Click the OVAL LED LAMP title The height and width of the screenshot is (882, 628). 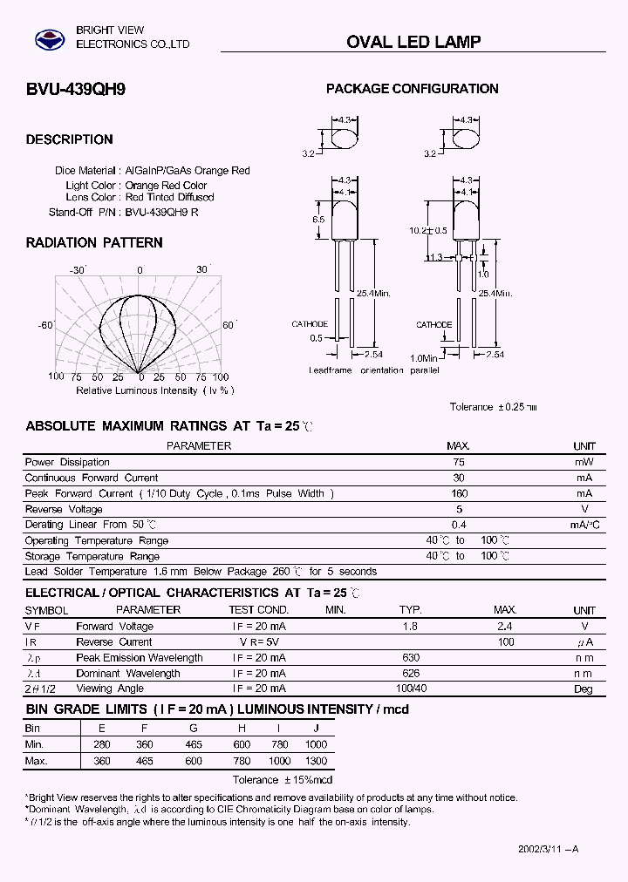[x=413, y=42]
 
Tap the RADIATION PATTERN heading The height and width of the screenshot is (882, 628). [x=94, y=242]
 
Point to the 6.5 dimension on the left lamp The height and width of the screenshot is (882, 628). [x=317, y=220]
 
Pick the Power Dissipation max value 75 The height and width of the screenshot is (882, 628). [x=459, y=462]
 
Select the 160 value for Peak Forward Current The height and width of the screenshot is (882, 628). [x=459, y=493]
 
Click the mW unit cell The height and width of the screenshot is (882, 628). [x=584, y=462]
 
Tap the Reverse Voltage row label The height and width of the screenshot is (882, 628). [x=64, y=509]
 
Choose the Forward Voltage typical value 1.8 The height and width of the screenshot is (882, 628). [x=410, y=626]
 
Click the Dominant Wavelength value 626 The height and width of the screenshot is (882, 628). [x=410, y=673]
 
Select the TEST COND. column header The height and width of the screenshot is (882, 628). [x=258, y=610]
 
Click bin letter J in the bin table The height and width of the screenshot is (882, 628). [x=317, y=728]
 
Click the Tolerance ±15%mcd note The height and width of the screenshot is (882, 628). [x=283, y=779]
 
